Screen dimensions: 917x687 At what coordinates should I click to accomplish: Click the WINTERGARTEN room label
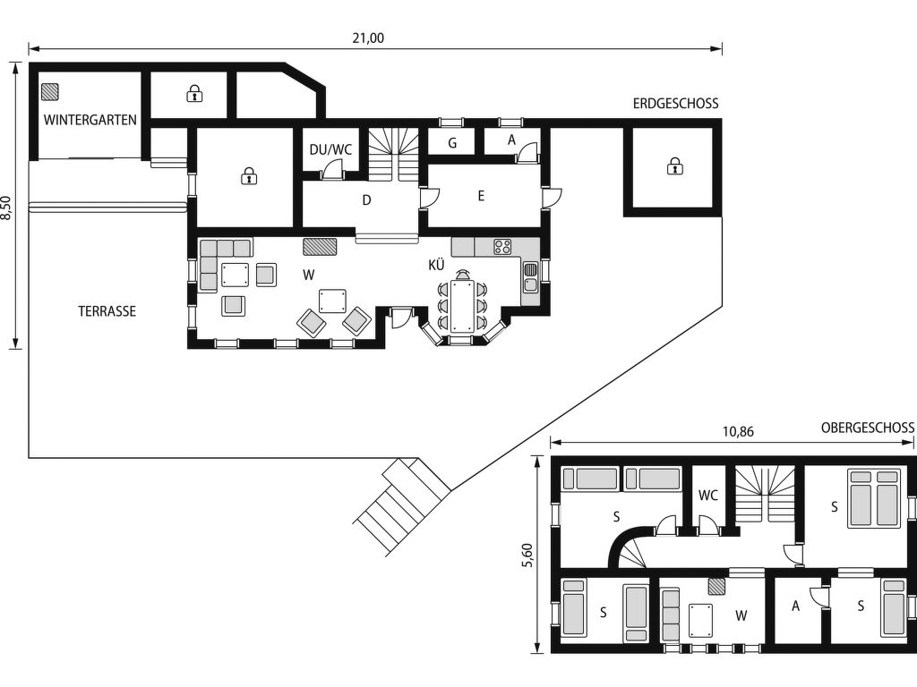pos(90,120)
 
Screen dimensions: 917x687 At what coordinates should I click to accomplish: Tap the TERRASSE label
pos(107,311)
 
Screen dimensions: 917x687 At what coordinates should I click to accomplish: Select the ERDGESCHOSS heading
pos(675,104)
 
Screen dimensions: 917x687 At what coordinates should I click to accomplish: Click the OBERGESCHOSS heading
pos(867,428)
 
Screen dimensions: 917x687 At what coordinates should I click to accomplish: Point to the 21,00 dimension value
pos(368,38)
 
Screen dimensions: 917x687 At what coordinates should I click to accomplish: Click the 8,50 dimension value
pos(6,208)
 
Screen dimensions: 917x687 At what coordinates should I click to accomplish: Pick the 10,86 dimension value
pos(738,432)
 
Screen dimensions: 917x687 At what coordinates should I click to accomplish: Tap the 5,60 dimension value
pos(527,556)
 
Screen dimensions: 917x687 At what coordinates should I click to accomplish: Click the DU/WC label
pos(330,149)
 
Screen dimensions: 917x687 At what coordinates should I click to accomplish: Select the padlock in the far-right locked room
pos(674,165)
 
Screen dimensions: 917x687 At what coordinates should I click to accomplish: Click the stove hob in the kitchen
pos(502,247)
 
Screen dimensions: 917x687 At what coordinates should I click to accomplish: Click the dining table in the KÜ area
pos(462,306)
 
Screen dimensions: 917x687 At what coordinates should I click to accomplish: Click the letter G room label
pos(452,143)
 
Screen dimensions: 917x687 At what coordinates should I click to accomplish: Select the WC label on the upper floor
pos(708,496)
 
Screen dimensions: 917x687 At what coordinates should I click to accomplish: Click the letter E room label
pos(481,196)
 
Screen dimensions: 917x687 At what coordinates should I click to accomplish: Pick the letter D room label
pos(366,200)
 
